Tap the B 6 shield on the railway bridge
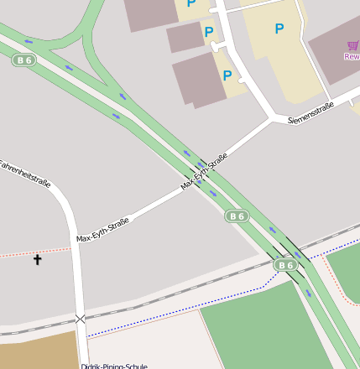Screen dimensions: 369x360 (x=286, y=265)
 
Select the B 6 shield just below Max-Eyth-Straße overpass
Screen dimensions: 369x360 (x=237, y=216)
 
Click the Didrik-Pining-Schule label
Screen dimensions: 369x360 (x=114, y=366)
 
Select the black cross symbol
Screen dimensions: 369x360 (x=37, y=260)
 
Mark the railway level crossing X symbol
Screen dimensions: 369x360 (x=80, y=319)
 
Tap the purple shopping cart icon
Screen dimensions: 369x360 (x=352, y=46)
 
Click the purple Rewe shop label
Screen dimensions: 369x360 (x=352, y=57)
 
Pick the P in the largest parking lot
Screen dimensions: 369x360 (x=279, y=29)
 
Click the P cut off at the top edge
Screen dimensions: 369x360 (x=191, y=4)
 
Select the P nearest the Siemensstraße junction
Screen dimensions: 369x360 (x=227, y=75)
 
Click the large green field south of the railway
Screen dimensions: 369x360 (x=260, y=331)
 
